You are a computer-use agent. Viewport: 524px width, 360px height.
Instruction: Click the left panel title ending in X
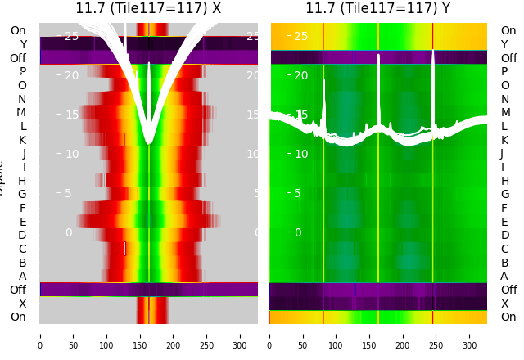148,8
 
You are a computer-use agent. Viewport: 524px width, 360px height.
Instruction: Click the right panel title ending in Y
377,8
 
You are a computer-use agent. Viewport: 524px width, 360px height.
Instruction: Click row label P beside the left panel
22,72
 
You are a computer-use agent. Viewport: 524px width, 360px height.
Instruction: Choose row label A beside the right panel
504,277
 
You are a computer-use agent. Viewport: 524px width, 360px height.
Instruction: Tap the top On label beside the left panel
18,31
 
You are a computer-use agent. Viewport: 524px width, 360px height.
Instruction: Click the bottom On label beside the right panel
508,317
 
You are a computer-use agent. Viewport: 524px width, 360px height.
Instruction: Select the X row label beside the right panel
504,304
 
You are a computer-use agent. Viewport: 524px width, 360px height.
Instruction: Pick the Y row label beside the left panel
23,45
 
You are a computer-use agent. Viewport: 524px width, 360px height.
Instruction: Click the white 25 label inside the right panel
300,36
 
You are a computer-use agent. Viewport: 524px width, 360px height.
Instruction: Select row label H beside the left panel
22,181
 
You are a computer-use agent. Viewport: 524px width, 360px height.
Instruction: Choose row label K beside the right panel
504,140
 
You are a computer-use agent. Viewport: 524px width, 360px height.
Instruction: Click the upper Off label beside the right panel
508,58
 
